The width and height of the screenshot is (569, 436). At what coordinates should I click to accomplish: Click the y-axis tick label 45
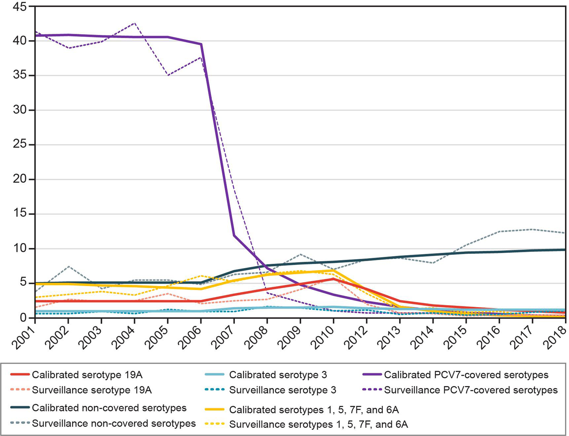18,7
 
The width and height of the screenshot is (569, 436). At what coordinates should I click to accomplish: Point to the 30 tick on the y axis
18,110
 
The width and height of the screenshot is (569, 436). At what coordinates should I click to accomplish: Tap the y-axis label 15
18,214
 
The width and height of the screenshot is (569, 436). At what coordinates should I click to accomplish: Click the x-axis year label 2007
224,337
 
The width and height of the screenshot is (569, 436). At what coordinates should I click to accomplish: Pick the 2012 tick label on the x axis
356,337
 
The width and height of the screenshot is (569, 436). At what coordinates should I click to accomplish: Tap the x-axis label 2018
555,337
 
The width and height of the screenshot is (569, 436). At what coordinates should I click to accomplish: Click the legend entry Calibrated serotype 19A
87,375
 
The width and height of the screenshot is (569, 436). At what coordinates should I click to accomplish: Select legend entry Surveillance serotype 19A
91,390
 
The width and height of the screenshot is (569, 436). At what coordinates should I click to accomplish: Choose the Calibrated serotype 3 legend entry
278,375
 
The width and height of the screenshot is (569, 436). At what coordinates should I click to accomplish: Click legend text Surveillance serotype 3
282,390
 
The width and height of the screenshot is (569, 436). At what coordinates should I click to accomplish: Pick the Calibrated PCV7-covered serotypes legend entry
466,375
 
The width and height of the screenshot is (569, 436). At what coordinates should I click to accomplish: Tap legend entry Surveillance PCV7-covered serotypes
471,390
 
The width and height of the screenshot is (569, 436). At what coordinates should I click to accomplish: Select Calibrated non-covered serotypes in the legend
109,408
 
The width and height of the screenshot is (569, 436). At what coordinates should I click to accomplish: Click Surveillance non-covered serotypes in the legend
114,423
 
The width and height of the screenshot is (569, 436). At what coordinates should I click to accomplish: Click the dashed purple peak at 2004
135,23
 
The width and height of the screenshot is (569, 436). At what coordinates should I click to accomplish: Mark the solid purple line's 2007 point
234,235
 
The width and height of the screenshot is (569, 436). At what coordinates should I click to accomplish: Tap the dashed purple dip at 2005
168,75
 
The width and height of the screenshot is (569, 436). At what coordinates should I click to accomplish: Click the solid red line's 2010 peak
333,279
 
